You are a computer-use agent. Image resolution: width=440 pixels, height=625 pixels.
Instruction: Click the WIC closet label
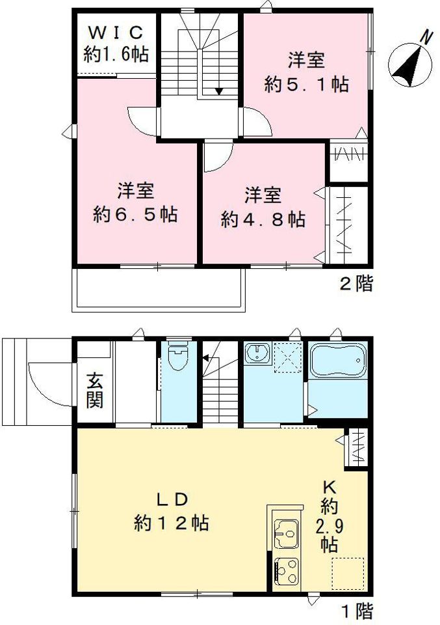coord(115,32)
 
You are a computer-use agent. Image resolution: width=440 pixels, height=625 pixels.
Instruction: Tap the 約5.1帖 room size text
coord(306,84)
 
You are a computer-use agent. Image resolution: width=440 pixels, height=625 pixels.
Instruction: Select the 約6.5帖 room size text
coord(135,214)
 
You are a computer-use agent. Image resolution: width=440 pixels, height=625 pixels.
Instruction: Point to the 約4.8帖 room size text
coord(263,219)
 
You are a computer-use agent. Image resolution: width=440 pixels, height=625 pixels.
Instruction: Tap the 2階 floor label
coord(356,285)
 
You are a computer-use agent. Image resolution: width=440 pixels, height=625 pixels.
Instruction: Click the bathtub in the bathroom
coord(337,360)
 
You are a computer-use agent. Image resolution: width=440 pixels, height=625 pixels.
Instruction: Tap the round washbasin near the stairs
coord(257,352)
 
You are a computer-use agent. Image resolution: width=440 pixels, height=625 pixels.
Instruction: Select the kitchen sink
coord(287,534)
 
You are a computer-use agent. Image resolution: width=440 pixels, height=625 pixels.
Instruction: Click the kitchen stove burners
coord(287,572)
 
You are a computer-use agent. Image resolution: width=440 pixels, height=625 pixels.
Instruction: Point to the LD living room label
coord(172,499)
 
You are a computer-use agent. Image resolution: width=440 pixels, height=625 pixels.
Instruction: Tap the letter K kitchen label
coord(330,487)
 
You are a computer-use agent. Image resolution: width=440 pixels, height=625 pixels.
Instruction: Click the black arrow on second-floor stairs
coord(219,91)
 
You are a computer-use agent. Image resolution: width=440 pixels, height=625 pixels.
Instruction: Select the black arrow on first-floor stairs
coord(205,358)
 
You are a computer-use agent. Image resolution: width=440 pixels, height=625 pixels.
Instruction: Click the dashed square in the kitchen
coord(348,574)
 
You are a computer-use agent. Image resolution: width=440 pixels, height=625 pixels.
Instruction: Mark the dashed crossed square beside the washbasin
coord(288,357)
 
